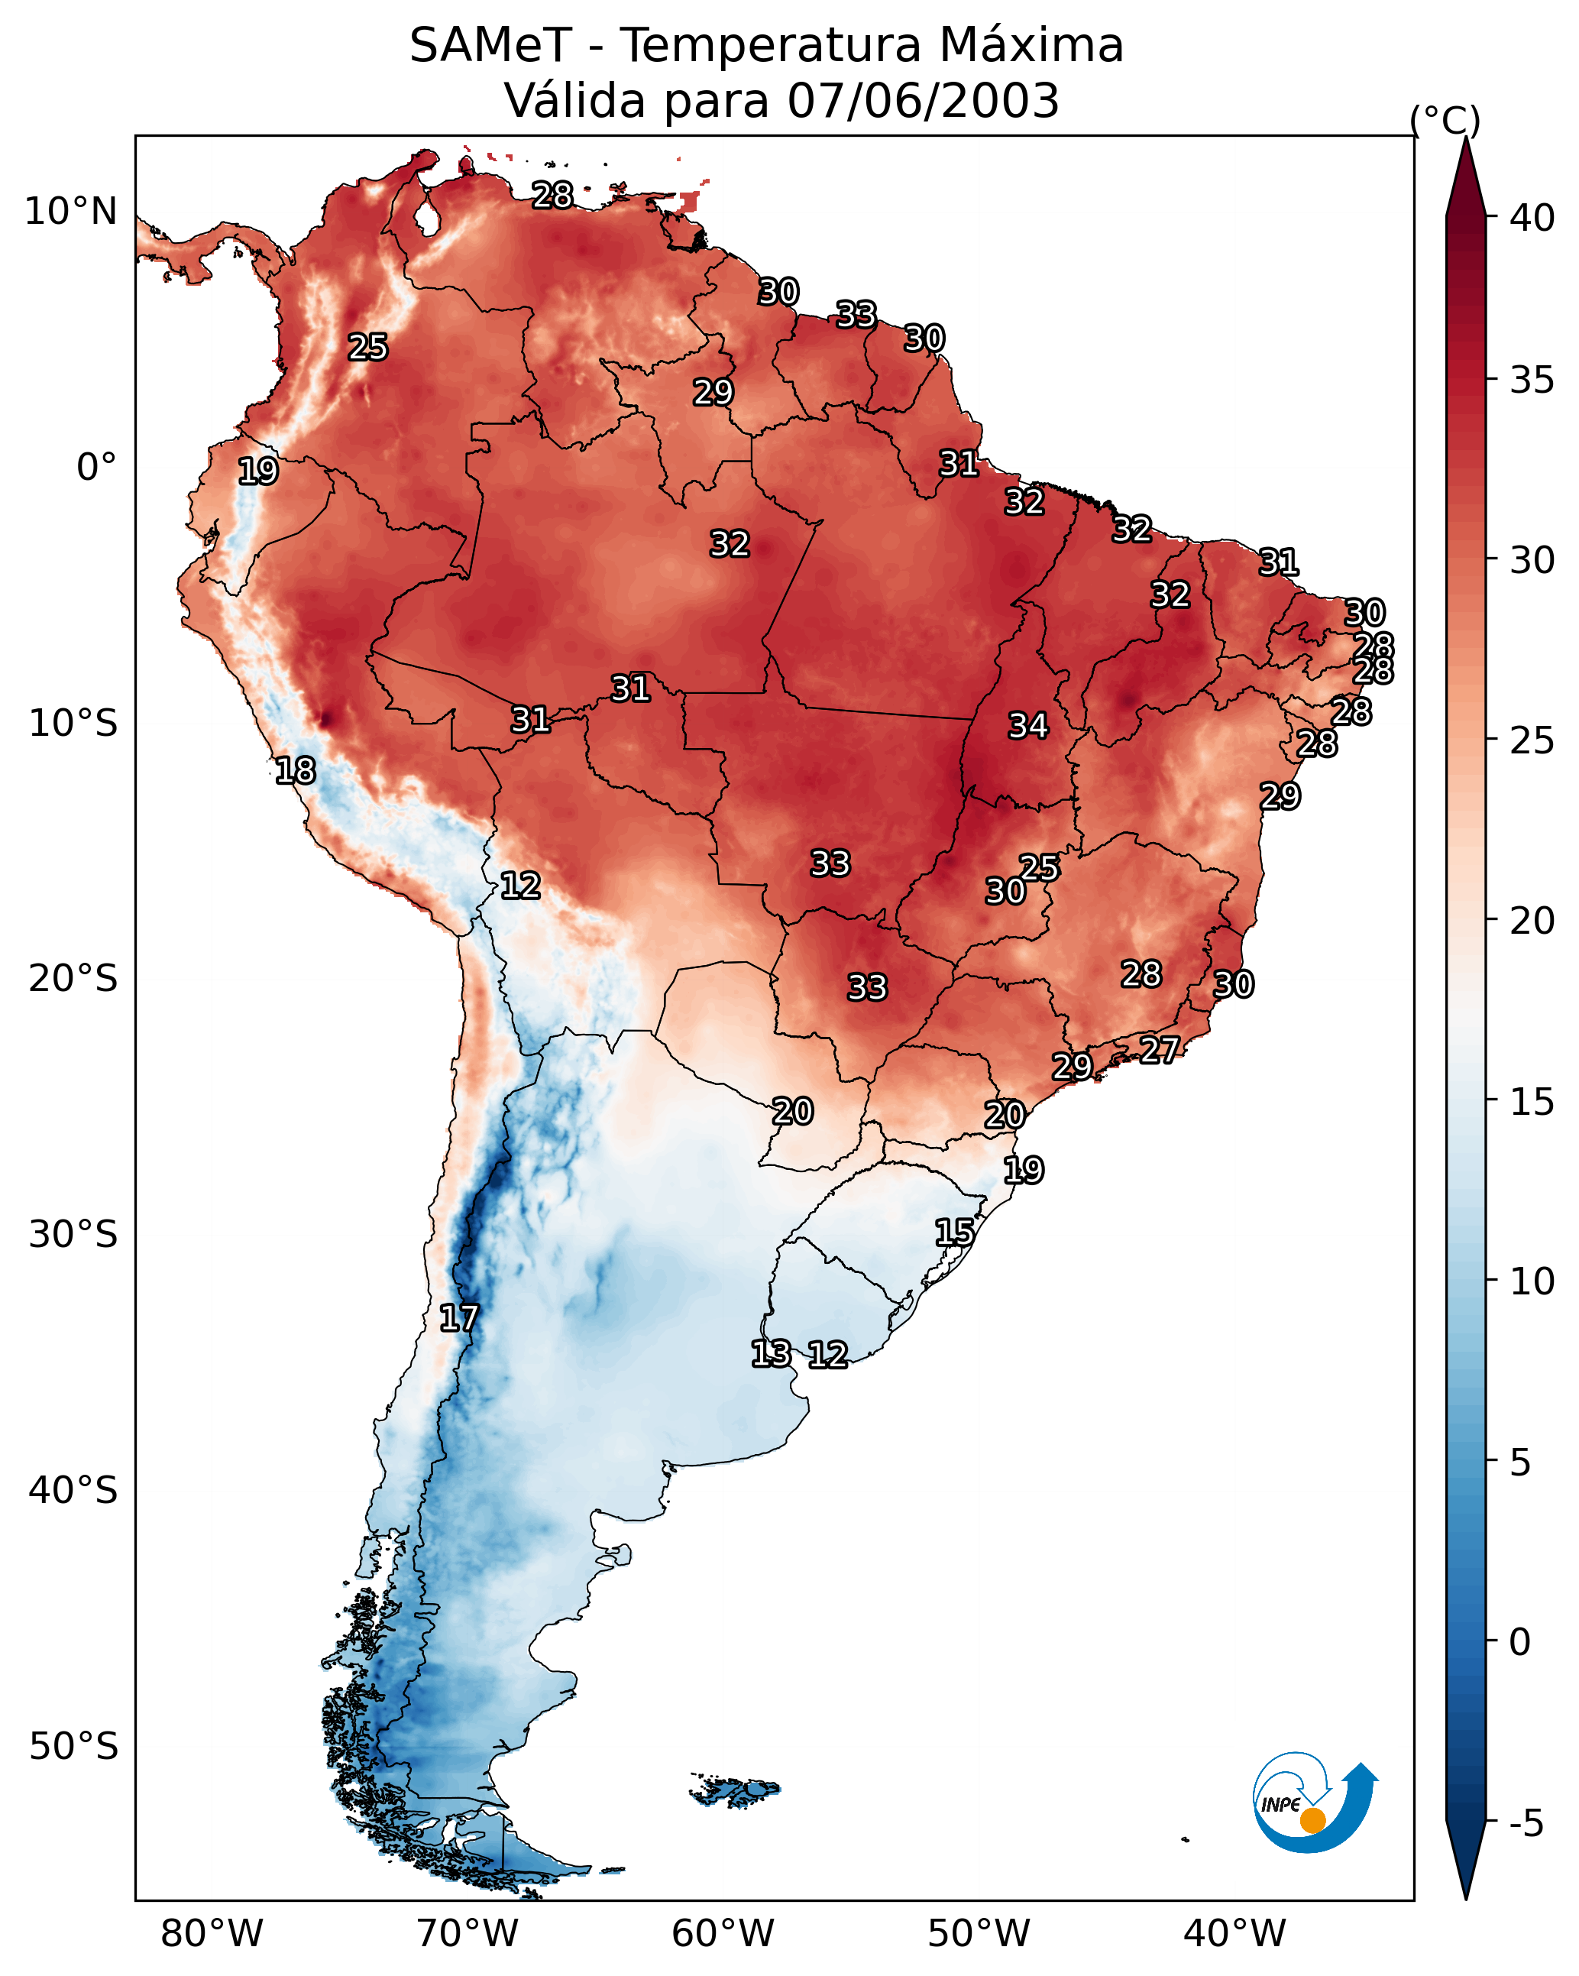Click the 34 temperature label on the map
pos(1027,726)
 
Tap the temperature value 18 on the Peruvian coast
pos(295,771)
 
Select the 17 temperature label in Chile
pos(458,1318)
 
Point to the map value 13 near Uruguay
pos(770,1354)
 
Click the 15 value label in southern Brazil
pos(954,1233)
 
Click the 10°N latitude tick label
pos(70,212)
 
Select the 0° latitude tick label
pos(96,468)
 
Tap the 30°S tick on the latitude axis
pos(73,1235)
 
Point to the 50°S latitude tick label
pos(73,1746)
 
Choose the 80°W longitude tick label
pos(212,1933)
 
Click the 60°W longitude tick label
pos(723,1933)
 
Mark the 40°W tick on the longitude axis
pos(1234,1933)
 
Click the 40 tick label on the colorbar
pos(1532,218)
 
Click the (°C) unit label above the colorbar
pos(1445,120)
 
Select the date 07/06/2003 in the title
pos(923,100)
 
